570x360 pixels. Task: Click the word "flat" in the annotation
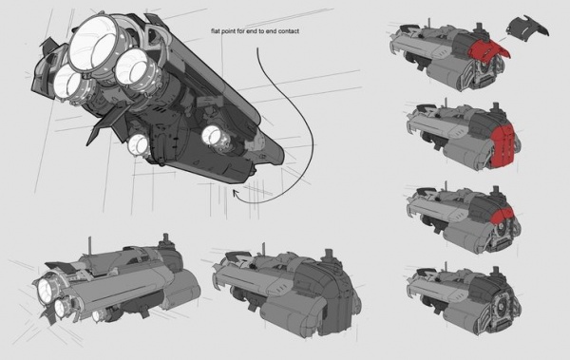(x=216, y=31)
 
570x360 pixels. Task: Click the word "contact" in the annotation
(x=289, y=31)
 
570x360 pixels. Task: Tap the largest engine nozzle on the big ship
(x=93, y=42)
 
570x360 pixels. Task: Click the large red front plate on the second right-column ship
(x=503, y=144)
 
